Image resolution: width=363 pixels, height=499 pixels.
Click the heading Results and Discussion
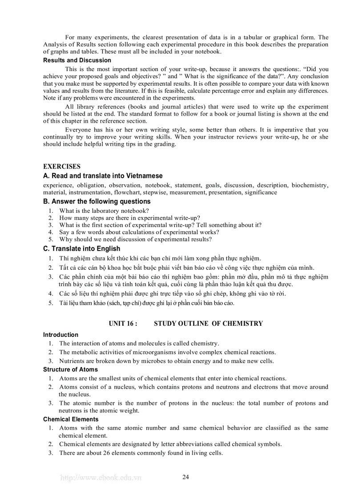(77, 60)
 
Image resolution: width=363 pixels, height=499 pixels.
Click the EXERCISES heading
(62, 167)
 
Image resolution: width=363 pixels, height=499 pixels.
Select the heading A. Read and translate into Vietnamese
(103, 176)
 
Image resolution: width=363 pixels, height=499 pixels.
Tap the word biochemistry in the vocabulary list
(310, 185)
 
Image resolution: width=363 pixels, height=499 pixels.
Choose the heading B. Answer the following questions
(97, 202)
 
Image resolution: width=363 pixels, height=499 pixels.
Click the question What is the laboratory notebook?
(104, 211)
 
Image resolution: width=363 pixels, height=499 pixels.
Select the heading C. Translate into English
(81, 249)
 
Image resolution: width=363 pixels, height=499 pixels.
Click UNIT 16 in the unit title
(122, 323)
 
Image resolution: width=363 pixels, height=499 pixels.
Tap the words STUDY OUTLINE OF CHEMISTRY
(208, 323)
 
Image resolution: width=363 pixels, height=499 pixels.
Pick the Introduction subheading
(60, 335)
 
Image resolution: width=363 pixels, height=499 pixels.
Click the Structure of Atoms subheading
(70, 370)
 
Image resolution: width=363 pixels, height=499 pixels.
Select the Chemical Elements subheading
(71, 419)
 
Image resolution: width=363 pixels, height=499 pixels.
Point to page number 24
(186, 477)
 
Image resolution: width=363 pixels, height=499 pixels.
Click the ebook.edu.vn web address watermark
(101, 478)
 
